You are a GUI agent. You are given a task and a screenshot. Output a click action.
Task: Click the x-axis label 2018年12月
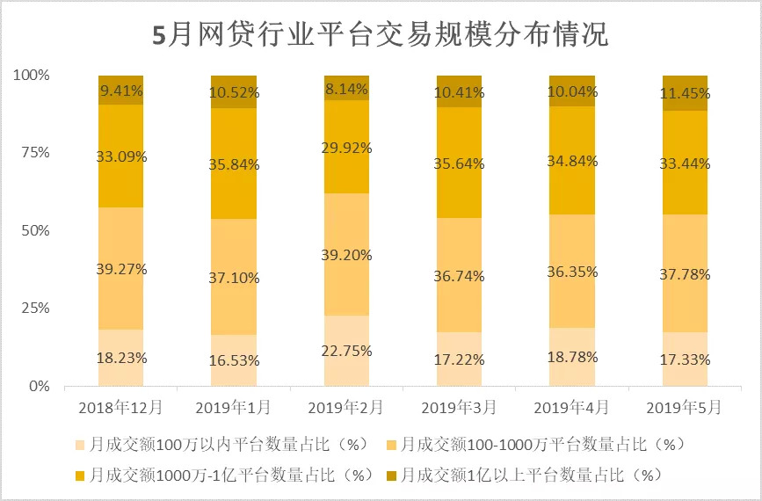tap(120, 408)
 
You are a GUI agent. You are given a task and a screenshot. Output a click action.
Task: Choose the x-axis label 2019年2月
tap(346, 408)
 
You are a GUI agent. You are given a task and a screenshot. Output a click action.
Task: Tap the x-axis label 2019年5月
tap(684, 408)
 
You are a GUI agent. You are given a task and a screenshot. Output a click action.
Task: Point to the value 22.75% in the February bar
tap(347, 351)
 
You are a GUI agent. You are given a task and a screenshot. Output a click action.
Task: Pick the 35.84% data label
tap(235, 164)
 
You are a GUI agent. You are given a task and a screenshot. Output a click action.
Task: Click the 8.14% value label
tap(347, 88)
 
